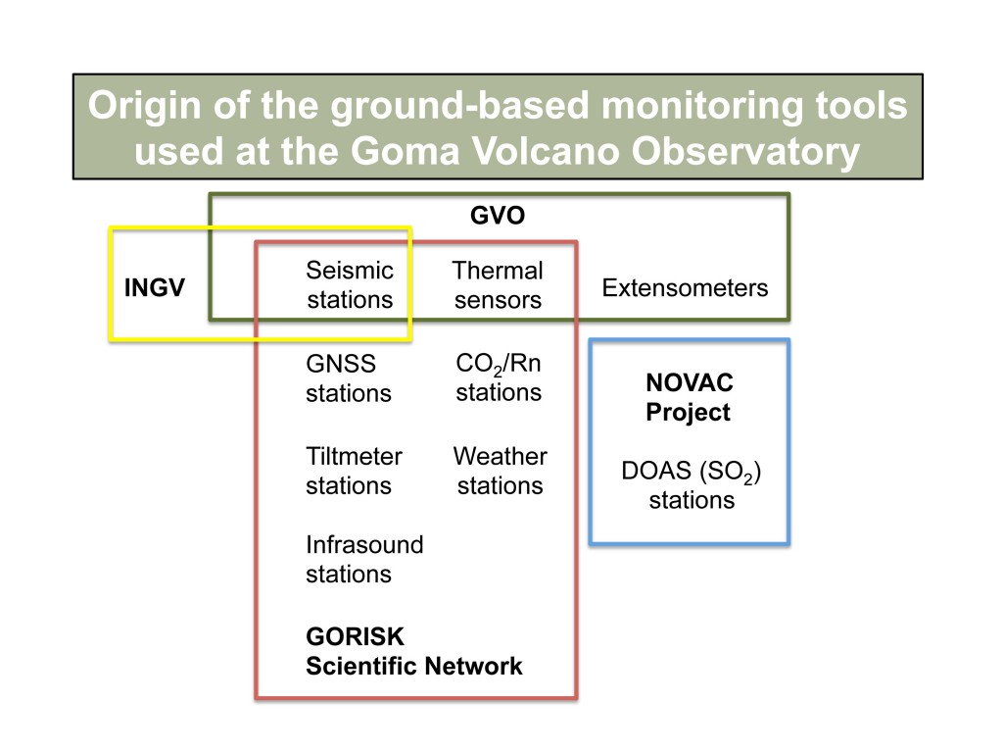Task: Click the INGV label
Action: (154, 288)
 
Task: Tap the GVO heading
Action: (498, 216)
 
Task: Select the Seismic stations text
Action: (350, 284)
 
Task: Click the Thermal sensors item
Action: (498, 284)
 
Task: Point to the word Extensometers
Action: (685, 288)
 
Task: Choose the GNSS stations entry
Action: (348, 378)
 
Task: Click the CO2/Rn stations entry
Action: (499, 378)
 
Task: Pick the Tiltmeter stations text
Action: (354, 471)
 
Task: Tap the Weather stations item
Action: (500, 471)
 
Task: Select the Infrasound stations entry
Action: (364, 559)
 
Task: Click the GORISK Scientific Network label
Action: (413, 652)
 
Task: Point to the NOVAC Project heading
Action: (689, 398)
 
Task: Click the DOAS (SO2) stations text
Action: (692, 485)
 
